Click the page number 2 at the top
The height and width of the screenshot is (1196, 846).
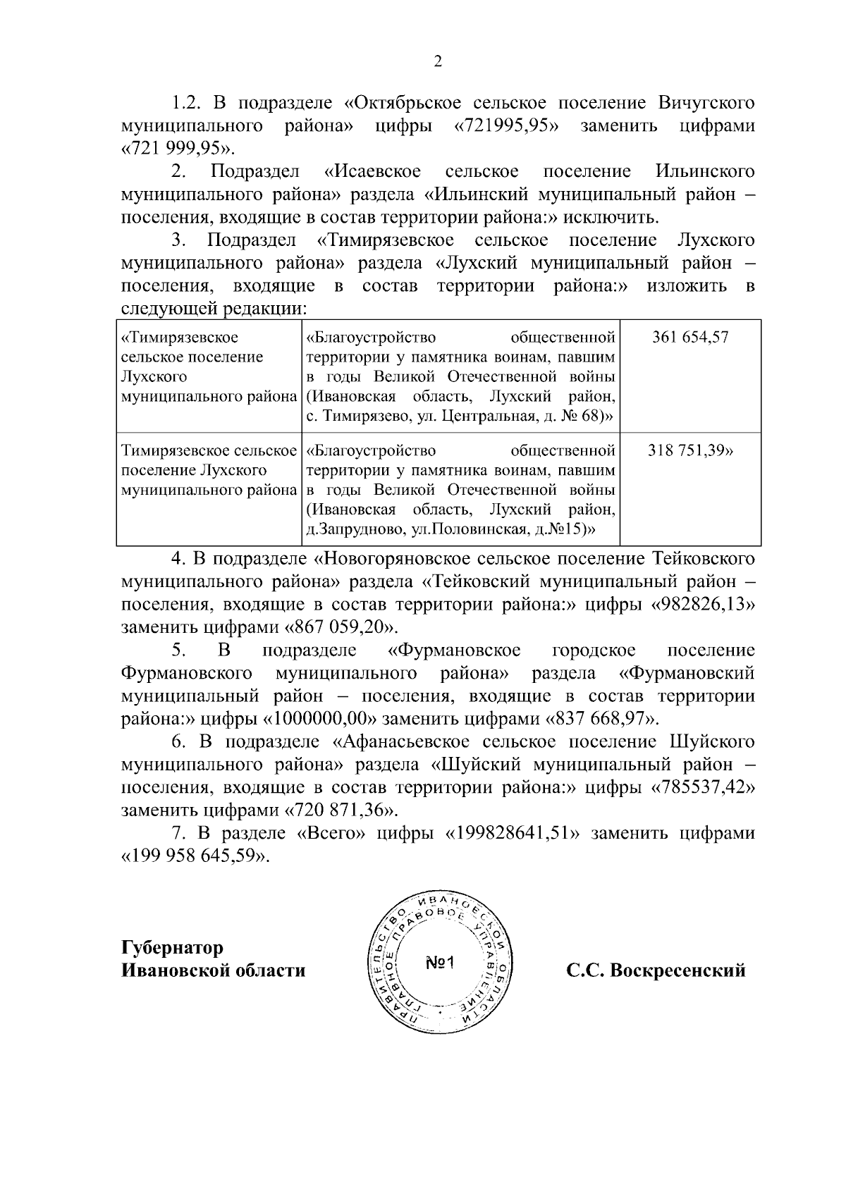point(437,62)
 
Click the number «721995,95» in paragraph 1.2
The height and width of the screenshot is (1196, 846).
point(505,126)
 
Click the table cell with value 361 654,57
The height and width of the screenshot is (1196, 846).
point(690,337)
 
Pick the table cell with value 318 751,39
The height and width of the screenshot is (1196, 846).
point(690,451)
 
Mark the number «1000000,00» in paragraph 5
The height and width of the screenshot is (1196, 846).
point(321,720)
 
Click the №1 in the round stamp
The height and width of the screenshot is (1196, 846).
point(442,963)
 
